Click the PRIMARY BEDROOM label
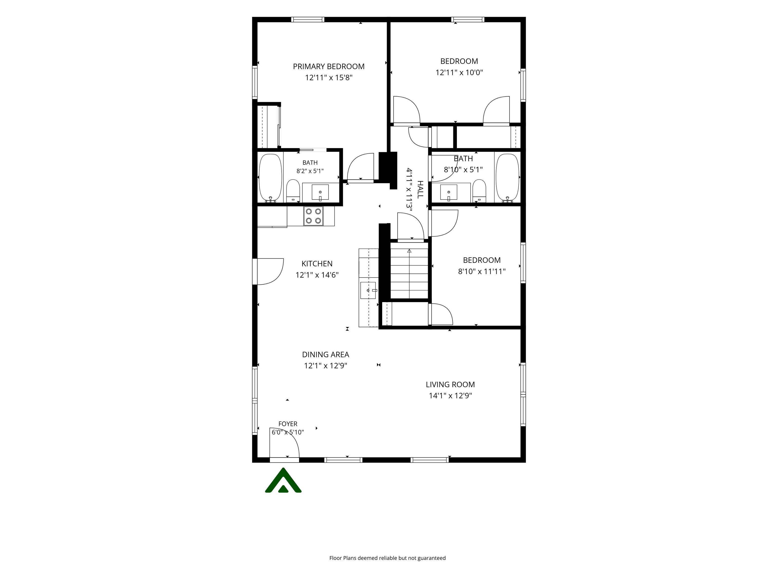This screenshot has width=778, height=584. (328, 66)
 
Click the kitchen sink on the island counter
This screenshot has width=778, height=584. (368, 290)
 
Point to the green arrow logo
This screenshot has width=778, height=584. (283, 481)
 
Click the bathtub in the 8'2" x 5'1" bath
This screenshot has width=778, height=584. (270, 178)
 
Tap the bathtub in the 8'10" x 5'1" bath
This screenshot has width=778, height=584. (507, 178)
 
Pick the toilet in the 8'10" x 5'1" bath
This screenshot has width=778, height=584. (479, 190)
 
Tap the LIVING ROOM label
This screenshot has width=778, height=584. (450, 385)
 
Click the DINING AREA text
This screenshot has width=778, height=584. (325, 355)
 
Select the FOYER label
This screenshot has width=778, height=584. (288, 424)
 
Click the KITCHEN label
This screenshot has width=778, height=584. (317, 264)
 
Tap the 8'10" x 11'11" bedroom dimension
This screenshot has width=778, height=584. (481, 271)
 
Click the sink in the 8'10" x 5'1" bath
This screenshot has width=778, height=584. (449, 192)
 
